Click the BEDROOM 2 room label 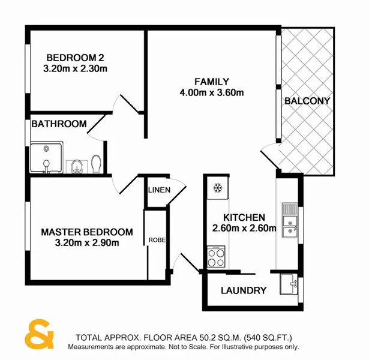[x=76, y=58]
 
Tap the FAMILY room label [x=211, y=82]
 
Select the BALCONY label [x=307, y=101]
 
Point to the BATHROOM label [x=59, y=124]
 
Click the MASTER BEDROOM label [x=87, y=232]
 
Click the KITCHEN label [x=244, y=217]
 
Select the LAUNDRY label [x=243, y=291]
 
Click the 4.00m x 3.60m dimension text [x=211, y=92]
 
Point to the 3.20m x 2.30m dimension [x=76, y=68]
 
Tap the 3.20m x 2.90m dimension [x=87, y=243]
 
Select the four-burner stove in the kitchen [x=215, y=257]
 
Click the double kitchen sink [x=289, y=220]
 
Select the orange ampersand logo [x=40, y=336]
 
